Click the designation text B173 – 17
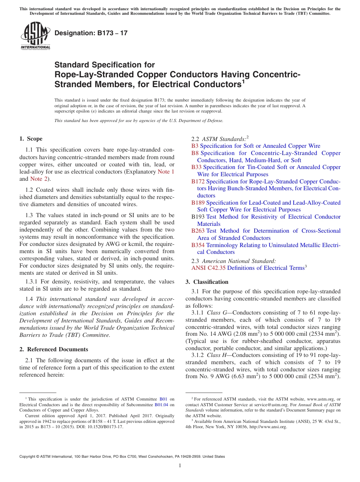(91, 33)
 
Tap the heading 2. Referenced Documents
(54, 349)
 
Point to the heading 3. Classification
(207, 282)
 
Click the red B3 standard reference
(195, 146)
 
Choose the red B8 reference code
(195, 153)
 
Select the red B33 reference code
(196, 167)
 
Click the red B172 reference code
(198, 182)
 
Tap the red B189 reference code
(198, 203)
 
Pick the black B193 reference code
(198, 217)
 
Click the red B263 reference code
(198, 231)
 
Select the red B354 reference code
(198, 245)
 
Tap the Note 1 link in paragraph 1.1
(166, 172)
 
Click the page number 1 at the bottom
(180, 466)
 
